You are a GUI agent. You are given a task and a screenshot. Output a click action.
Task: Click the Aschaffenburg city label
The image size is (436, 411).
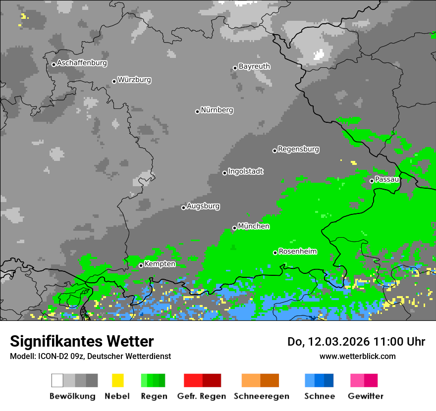point(82,63)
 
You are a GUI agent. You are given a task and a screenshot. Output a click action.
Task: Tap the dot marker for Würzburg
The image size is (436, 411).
point(114,81)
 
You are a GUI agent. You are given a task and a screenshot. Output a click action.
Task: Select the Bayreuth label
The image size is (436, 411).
point(254,66)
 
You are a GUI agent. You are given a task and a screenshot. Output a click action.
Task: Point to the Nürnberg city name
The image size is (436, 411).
point(217,110)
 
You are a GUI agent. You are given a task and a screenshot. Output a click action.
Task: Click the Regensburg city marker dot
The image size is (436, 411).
point(274,151)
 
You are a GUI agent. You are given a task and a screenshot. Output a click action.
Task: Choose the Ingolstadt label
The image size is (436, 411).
point(246,171)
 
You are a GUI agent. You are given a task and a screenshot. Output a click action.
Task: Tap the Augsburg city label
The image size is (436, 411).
point(203,206)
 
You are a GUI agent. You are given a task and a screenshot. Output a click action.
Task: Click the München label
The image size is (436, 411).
point(254,226)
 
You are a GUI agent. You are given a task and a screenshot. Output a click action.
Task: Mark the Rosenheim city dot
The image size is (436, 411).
point(275,253)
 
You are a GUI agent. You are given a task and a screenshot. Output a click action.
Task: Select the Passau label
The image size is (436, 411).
point(387,179)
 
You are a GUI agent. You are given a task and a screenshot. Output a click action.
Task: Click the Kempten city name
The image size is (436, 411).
point(160,264)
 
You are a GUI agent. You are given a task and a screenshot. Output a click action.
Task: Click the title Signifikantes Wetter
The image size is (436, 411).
point(82,341)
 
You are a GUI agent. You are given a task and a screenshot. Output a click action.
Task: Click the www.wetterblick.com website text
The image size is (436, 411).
point(357,356)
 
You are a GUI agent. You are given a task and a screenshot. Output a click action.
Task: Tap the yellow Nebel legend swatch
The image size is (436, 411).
point(117,380)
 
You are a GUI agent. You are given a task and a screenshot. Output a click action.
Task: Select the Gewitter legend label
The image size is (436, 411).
point(366,396)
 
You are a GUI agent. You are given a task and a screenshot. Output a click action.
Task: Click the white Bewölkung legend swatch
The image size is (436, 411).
point(57,380)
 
